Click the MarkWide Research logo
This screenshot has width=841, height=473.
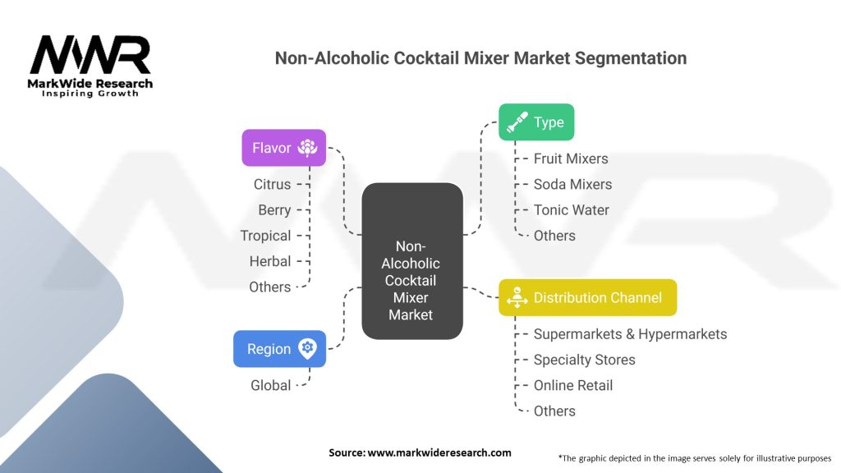tap(90, 66)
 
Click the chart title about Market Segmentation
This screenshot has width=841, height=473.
tap(480, 58)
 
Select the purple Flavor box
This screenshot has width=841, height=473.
tap(283, 148)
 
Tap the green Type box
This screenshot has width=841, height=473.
tap(536, 122)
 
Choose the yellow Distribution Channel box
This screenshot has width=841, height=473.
tap(587, 297)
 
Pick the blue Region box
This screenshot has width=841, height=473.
tap(279, 348)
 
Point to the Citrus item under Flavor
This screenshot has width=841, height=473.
tap(272, 184)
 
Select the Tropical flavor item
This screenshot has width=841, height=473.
tap(265, 236)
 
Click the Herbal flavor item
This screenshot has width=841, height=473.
tap(270, 261)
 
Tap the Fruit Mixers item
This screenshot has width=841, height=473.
tap(571, 158)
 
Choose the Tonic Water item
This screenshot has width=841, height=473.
tap(572, 209)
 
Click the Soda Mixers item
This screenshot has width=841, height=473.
tap(572, 184)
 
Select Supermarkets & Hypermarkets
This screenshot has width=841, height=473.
tap(630, 334)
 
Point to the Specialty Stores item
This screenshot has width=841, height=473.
tap(584, 360)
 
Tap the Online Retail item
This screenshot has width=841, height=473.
tap(573, 385)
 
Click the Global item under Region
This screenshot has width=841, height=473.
tap(271, 385)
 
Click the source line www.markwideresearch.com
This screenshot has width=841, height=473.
tap(420, 452)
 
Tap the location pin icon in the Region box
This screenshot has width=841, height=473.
tap(307, 348)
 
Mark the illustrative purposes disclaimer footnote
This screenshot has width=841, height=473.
tap(694, 457)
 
